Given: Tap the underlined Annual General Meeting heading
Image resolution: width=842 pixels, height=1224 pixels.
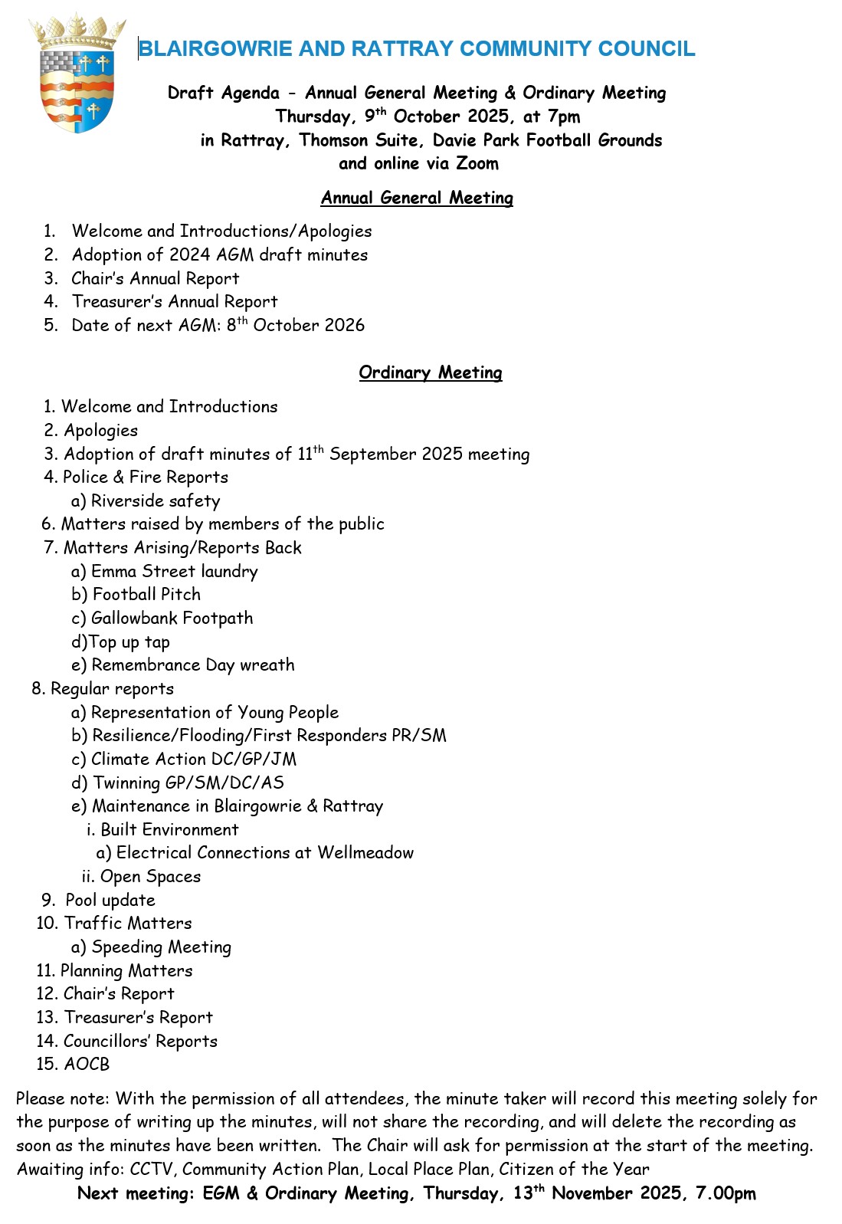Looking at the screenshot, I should point(417,198).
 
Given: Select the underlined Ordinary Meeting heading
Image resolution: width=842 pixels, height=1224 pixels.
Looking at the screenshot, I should point(431,372).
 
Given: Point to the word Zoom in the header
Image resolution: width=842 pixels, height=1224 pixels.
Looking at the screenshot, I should point(477,163).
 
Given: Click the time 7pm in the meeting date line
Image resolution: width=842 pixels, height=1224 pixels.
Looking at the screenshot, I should point(564,116).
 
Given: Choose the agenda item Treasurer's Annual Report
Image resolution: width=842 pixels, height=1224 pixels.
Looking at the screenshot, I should point(175,302).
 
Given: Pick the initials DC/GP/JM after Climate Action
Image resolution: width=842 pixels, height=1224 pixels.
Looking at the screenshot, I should point(248,760).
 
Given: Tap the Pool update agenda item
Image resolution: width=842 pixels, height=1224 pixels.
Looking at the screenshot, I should point(110,901).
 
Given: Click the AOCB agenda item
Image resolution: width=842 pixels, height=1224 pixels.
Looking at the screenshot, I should point(87,1065).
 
